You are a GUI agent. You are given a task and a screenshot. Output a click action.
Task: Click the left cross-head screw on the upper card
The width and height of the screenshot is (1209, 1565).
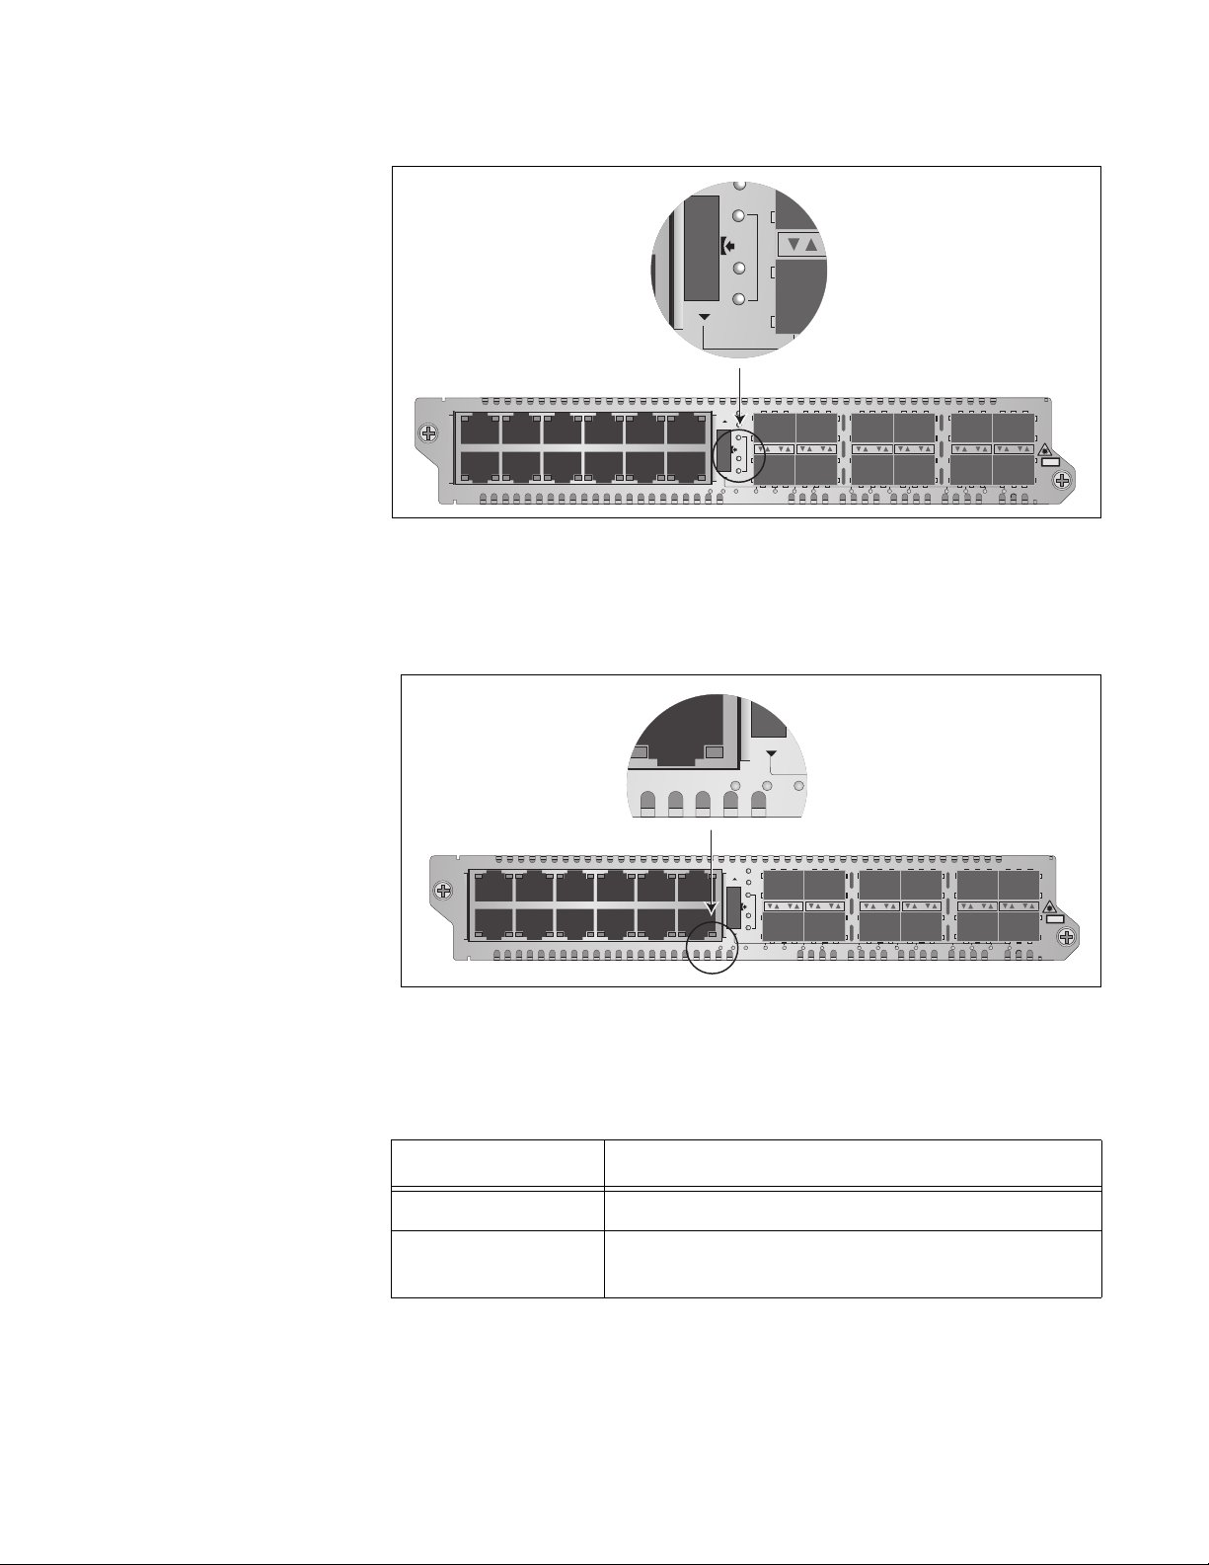point(427,432)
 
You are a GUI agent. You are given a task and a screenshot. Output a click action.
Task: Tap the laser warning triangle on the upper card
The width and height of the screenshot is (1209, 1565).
point(1046,450)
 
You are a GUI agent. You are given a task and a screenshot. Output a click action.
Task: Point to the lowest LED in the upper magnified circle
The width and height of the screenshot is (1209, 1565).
point(738,298)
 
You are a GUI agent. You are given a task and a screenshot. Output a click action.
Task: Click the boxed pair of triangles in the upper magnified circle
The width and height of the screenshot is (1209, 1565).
point(800,245)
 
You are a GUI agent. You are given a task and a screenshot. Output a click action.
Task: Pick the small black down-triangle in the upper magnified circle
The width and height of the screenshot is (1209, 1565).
point(704,317)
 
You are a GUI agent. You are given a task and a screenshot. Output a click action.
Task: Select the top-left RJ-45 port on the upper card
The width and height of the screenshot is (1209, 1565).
point(479,429)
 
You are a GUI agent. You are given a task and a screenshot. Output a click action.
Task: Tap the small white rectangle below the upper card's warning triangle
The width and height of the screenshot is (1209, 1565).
point(1050,462)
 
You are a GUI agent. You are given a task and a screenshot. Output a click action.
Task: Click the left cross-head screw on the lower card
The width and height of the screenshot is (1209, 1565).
point(443,891)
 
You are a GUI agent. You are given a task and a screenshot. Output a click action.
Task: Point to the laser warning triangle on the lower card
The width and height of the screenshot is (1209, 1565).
point(1050,906)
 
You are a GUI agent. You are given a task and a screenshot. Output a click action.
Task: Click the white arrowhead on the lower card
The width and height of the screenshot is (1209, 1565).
point(712,905)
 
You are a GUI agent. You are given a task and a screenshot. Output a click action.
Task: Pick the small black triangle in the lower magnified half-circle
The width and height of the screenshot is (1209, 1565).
point(772,753)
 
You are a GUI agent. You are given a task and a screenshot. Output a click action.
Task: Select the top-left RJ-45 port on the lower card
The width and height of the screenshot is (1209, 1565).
point(492,887)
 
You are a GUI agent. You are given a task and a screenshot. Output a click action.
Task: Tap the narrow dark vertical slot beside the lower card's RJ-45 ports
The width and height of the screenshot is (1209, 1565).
point(732,905)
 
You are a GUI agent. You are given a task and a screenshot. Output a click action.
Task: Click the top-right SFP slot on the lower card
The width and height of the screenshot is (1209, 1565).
point(1020,885)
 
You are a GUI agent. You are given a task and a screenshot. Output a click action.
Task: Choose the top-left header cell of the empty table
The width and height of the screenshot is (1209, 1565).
point(497,1163)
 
